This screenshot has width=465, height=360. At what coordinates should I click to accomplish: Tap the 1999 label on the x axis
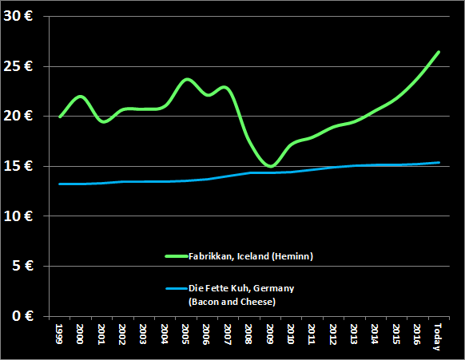pyautogui.click(x=60, y=333)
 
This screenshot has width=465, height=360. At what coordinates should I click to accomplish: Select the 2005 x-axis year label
pyautogui.click(x=185, y=333)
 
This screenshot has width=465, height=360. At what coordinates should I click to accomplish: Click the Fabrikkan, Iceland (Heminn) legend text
pyautogui.click(x=250, y=256)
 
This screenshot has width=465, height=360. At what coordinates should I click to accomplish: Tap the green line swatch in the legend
pyautogui.click(x=175, y=256)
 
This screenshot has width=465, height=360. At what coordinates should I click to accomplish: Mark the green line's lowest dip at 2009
pyautogui.click(x=271, y=167)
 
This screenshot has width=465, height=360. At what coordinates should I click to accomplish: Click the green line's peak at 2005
pyautogui.click(x=187, y=80)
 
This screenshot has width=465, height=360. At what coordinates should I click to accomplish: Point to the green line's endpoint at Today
pyautogui.click(x=439, y=52)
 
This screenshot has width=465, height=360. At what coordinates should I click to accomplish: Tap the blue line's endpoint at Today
pyautogui.click(x=439, y=163)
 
